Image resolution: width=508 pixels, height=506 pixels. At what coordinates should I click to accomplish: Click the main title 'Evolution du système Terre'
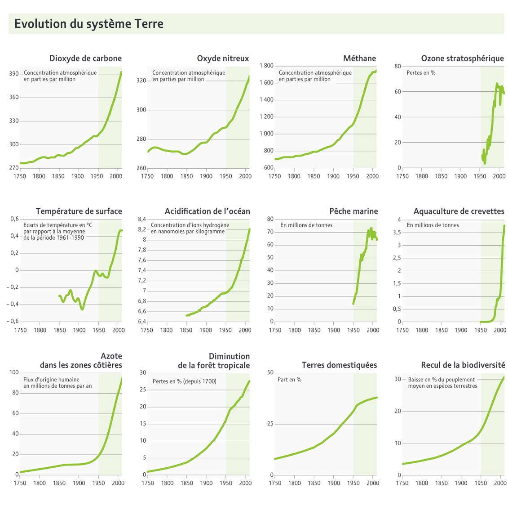[x=88, y=24]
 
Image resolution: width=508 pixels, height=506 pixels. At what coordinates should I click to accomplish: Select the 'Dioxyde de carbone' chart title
[x=85, y=58]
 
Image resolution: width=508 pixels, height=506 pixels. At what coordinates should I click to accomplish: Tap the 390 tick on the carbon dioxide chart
[x=13, y=74]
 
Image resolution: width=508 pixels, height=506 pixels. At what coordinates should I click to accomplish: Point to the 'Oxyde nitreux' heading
[x=223, y=58]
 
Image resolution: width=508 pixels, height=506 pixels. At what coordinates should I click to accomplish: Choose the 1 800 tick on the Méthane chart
[x=266, y=66]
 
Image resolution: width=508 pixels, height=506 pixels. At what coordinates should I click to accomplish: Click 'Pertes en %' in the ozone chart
[x=421, y=73]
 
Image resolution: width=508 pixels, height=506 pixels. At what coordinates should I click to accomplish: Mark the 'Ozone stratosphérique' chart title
[x=462, y=58]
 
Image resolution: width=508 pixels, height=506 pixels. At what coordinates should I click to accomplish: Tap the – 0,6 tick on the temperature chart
[x=12, y=321]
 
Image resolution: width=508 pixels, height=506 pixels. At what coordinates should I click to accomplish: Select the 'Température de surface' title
[x=79, y=211]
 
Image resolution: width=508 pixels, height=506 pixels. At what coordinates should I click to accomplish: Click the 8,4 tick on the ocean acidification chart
[x=142, y=219]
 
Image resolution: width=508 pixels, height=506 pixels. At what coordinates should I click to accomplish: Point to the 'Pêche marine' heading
[x=353, y=211]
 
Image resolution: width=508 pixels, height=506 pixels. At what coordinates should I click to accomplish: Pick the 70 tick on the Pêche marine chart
[x=270, y=232]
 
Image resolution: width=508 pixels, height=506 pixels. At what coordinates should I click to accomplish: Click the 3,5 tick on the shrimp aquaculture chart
[x=397, y=233]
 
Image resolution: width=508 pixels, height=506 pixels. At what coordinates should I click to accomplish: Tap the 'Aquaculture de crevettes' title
[x=459, y=211]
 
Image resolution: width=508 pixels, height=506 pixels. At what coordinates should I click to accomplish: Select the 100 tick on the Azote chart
[x=13, y=372]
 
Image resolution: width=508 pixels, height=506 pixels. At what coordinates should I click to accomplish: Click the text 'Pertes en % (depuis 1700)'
[x=184, y=381]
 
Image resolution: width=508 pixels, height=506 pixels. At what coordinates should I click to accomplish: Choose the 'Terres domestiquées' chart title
[x=339, y=365]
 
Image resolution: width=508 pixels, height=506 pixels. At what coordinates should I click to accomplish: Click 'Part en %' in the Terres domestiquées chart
[x=289, y=380]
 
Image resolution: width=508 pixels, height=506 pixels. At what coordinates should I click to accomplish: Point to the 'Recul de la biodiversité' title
[x=463, y=365]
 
